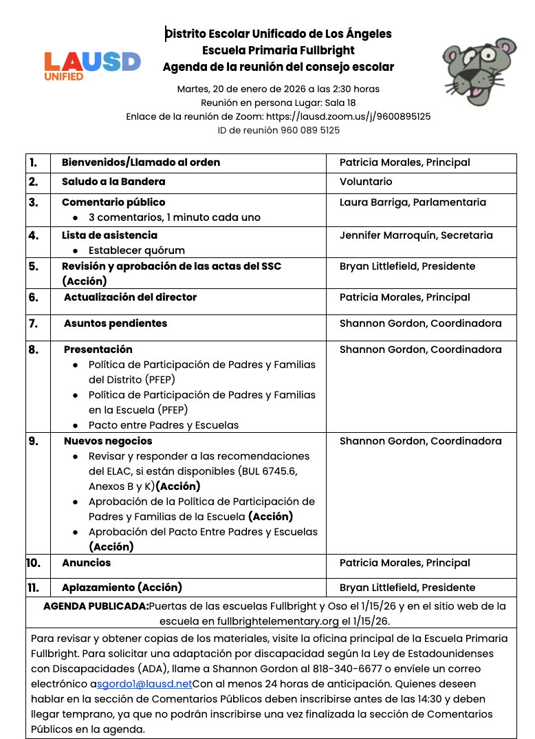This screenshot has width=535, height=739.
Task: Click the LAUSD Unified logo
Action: pos(92,65)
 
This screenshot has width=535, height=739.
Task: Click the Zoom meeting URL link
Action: pos(348,116)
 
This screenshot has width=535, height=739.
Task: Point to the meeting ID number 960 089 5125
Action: pos(310,130)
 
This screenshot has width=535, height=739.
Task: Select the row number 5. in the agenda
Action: pos(34,266)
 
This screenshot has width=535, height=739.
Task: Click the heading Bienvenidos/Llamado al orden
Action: pos(141,162)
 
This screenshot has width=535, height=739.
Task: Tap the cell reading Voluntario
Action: pos(366,182)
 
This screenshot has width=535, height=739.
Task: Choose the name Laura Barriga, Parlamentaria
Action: pos(413,202)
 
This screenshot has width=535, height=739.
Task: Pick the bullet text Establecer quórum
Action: pos(137,250)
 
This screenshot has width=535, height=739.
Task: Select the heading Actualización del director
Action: pos(130,297)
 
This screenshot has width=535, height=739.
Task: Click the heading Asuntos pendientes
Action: pos(116,323)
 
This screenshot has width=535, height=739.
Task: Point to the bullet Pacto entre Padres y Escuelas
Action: pos(164,425)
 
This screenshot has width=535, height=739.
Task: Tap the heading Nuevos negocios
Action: pos(108,441)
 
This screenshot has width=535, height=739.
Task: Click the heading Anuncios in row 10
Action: pos(86,563)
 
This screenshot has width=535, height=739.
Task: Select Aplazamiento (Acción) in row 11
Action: pos(122,588)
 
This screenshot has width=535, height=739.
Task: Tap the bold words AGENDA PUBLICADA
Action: pos(96,606)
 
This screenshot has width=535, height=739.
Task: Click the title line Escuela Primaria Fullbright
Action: pos(279,50)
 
